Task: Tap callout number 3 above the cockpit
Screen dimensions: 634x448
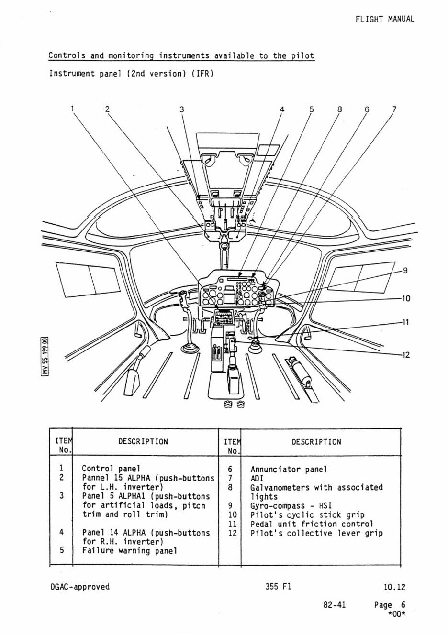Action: [x=181, y=109]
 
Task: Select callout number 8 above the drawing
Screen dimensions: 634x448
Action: [x=340, y=109]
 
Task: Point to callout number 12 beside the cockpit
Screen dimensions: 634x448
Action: [x=405, y=355]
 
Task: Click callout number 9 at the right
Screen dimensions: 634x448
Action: [x=405, y=271]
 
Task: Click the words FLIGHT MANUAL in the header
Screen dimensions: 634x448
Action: [x=385, y=19]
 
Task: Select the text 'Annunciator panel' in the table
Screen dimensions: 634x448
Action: [x=289, y=470]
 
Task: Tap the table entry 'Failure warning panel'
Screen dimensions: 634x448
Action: [x=129, y=551]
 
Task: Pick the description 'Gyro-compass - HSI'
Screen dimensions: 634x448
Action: [x=291, y=506]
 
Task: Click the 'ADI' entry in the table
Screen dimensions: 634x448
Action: [x=257, y=479]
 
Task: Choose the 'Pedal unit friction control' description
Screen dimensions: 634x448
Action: [x=312, y=524]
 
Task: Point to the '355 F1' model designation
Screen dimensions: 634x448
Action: [x=278, y=587]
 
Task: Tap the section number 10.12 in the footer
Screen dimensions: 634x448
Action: [x=394, y=587]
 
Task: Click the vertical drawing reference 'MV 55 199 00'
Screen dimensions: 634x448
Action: [x=45, y=356]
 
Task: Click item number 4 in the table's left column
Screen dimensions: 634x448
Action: [x=61, y=532]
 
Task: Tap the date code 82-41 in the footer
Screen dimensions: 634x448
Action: [x=334, y=605]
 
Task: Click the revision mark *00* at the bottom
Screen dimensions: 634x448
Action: [x=396, y=614]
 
